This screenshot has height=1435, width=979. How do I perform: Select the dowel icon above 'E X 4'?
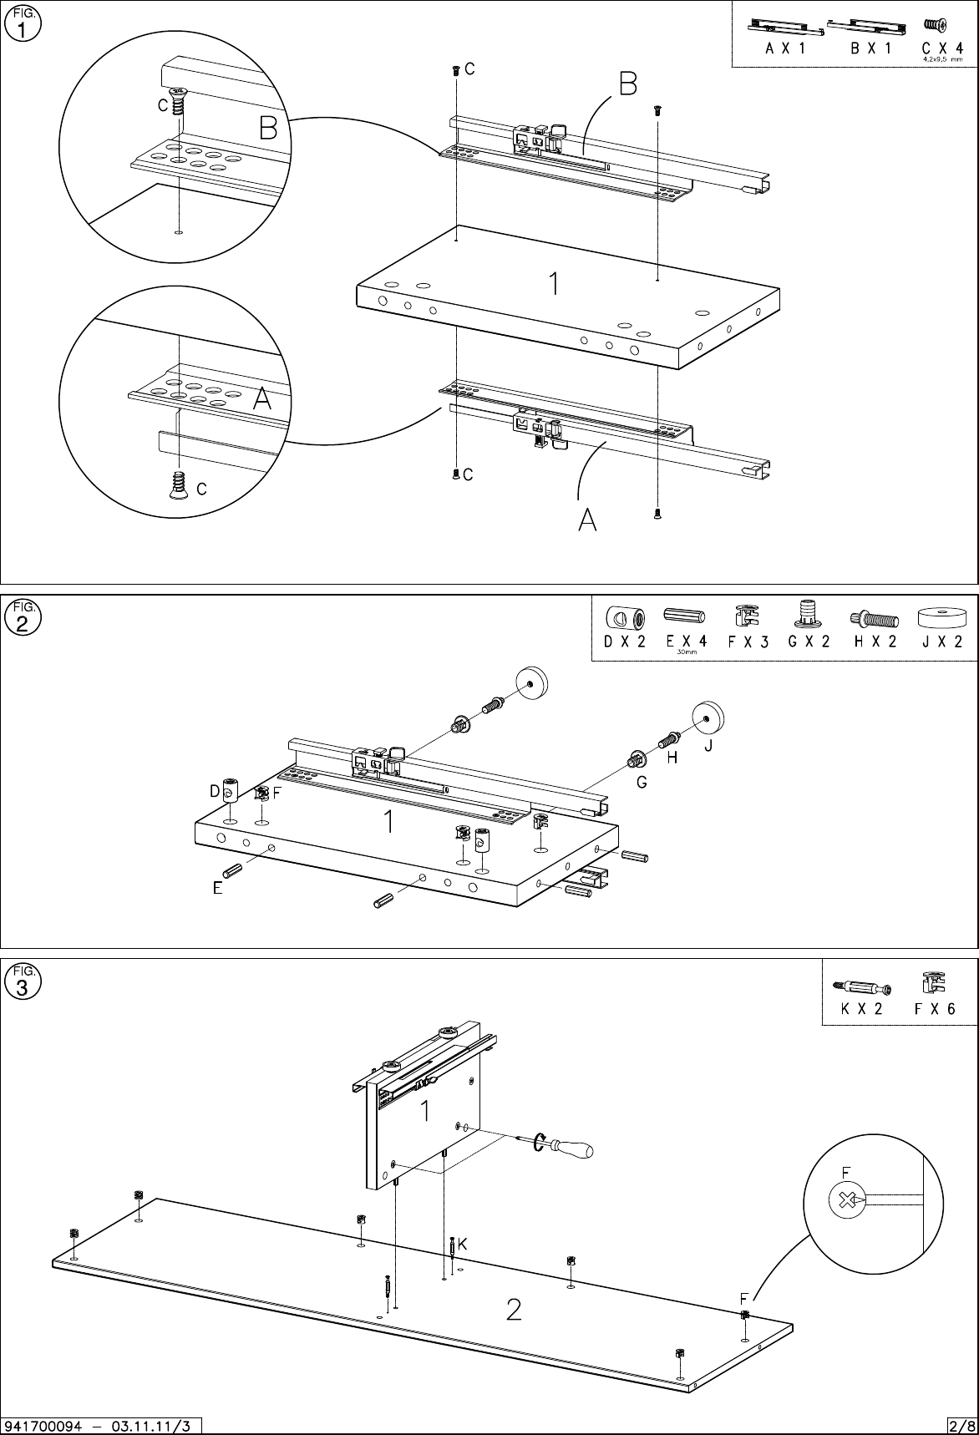pyautogui.click(x=684, y=616)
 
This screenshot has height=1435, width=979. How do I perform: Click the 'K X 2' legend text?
pyautogui.click(x=862, y=1008)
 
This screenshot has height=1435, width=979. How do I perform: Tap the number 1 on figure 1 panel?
pyautogui.click(x=553, y=285)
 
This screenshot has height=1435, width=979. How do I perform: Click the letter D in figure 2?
pyautogui.click(x=215, y=790)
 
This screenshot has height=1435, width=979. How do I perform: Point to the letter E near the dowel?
pyautogui.click(x=217, y=889)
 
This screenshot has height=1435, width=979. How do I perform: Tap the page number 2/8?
pyautogui.click(x=961, y=1425)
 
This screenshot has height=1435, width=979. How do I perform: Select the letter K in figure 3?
pyautogui.click(x=461, y=1244)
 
